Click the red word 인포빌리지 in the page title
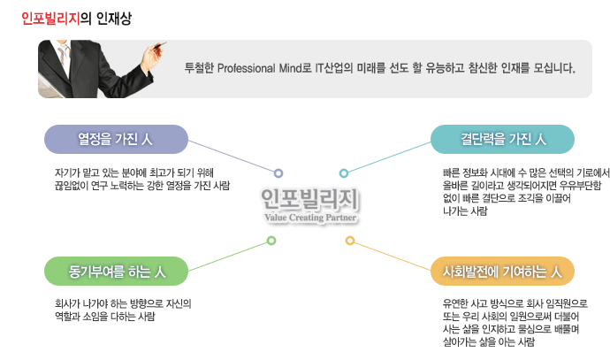[50, 19]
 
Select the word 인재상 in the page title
[114, 19]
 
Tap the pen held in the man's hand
[159, 45]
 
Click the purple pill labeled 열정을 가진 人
[116, 140]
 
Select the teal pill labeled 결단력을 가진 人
[502, 140]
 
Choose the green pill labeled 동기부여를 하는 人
[116, 271]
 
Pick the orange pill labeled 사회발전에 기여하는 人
[502, 271]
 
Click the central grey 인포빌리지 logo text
[309, 200]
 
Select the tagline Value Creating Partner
[310, 218]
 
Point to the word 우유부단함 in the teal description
[580, 186]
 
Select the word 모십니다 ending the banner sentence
[554, 68]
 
